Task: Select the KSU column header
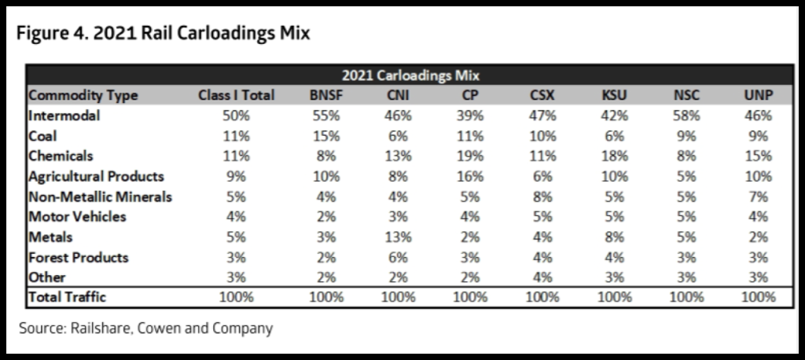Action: (x=614, y=95)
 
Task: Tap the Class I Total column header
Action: (x=236, y=95)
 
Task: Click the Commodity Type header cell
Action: (x=83, y=95)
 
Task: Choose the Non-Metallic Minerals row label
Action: (x=100, y=197)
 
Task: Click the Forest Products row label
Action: (x=78, y=257)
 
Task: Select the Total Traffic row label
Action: (x=67, y=297)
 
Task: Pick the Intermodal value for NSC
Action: (x=686, y=116)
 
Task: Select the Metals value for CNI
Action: (x=399, y=237)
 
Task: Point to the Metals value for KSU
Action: (x=614, y=237)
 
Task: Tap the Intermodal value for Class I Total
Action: (x=236, y=116)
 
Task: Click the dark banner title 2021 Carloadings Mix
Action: (x=410, y=75)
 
